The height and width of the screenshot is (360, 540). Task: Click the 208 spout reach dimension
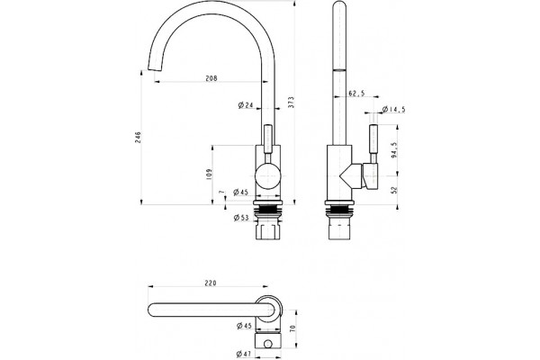(x=211, y=78)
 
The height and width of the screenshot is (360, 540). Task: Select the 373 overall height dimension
(x=292, y=103)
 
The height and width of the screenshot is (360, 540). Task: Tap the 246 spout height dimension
(x=138, y=138)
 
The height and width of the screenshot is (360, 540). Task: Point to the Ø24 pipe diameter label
(x=246, y=105)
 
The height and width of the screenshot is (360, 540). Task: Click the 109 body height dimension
(x=209, y=175)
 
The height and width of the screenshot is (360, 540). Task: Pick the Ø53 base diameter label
(x=241, y=218)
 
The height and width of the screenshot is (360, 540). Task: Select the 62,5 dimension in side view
(x=356, y=93)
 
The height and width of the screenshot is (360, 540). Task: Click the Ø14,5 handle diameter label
(x=393, y=110)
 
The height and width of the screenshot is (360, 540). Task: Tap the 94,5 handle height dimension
(x=394, y=149)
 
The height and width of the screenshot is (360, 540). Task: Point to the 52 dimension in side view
(x=394, y=190)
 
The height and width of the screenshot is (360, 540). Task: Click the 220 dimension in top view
(x=211, y=283)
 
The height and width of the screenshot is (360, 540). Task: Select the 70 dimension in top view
(x=292, y=328)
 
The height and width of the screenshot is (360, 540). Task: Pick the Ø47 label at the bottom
(x=244, y=354)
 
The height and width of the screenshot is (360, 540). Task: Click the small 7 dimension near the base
(x=221, y=192)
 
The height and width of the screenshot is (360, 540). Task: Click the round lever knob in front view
(x=268, y=175)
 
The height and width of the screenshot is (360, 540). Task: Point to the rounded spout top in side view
(x=339, y=4)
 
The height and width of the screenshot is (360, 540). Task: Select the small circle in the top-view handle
(x=267, y=344)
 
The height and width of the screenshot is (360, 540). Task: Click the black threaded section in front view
(x=268, y=209)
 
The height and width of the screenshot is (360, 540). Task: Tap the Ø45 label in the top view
(x=244, y=326)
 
